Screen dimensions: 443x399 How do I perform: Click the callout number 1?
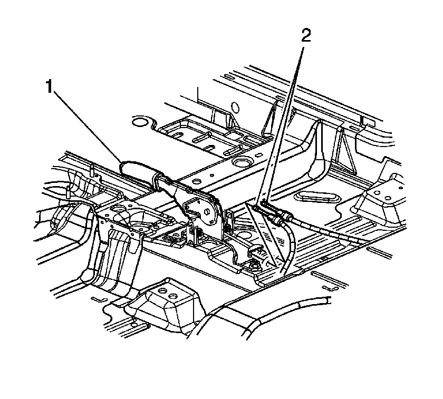50,86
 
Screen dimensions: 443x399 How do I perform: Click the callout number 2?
306,36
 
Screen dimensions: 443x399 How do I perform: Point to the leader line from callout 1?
88,127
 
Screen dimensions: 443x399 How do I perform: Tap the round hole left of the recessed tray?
140,121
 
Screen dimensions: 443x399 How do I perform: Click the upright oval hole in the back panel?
235,108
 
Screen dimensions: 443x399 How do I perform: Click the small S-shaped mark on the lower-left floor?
100,299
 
